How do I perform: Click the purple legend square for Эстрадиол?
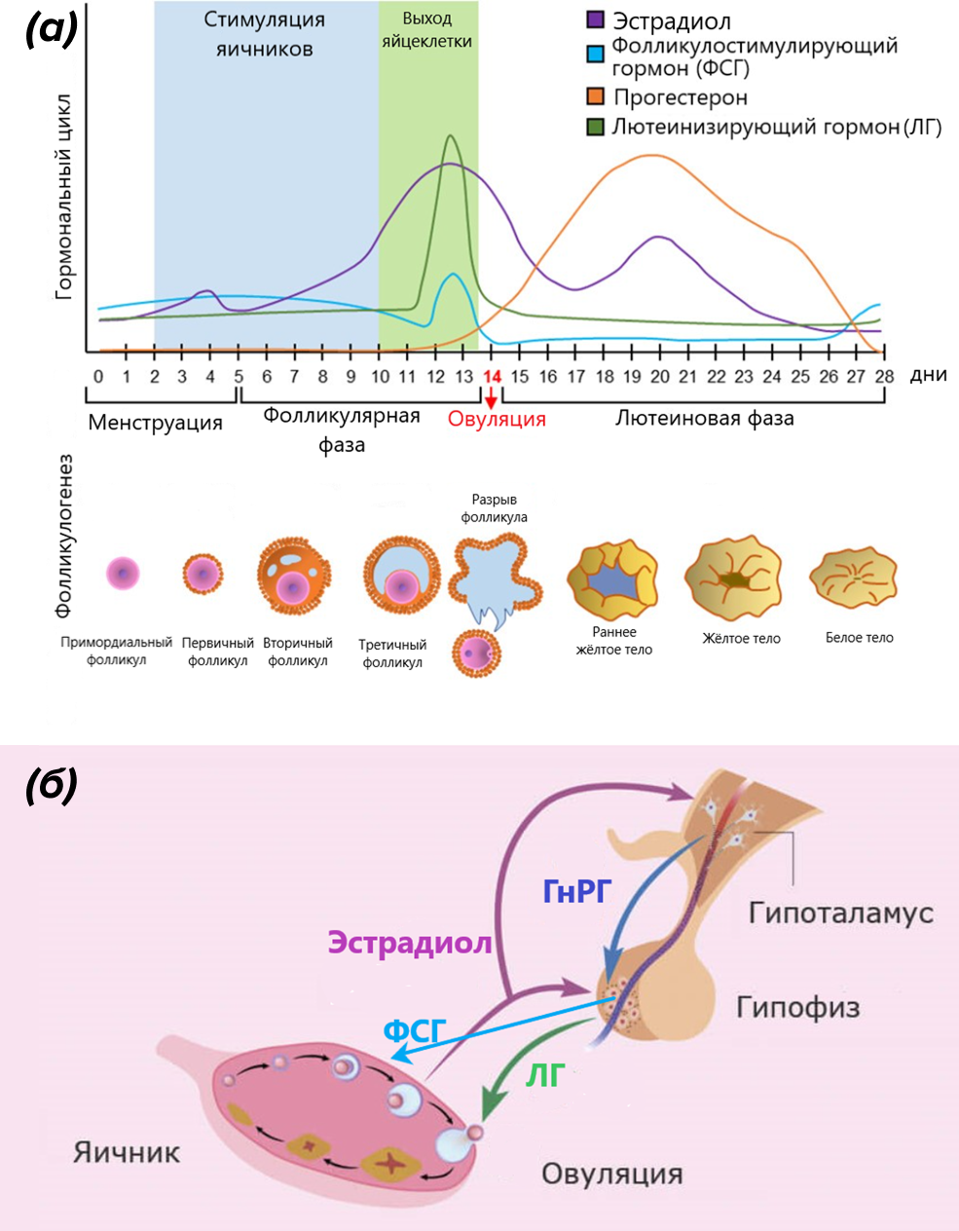[596, 20]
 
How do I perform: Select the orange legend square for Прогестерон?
[596, 96]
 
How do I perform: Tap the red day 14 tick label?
[492, 377]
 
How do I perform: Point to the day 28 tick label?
[884, 377]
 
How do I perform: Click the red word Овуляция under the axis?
[497, 420]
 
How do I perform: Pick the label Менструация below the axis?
[156, 423]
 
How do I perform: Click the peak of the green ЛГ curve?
[449, 136]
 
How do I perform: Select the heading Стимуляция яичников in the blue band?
[265, 34]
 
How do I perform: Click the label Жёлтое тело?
[741, 639]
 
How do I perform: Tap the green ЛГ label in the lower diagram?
[545, 1075]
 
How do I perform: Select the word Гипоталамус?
[840, 914]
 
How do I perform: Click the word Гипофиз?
[798, 1006]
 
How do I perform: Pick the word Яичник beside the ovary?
[127, 1153]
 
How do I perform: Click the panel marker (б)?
[52, 785]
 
